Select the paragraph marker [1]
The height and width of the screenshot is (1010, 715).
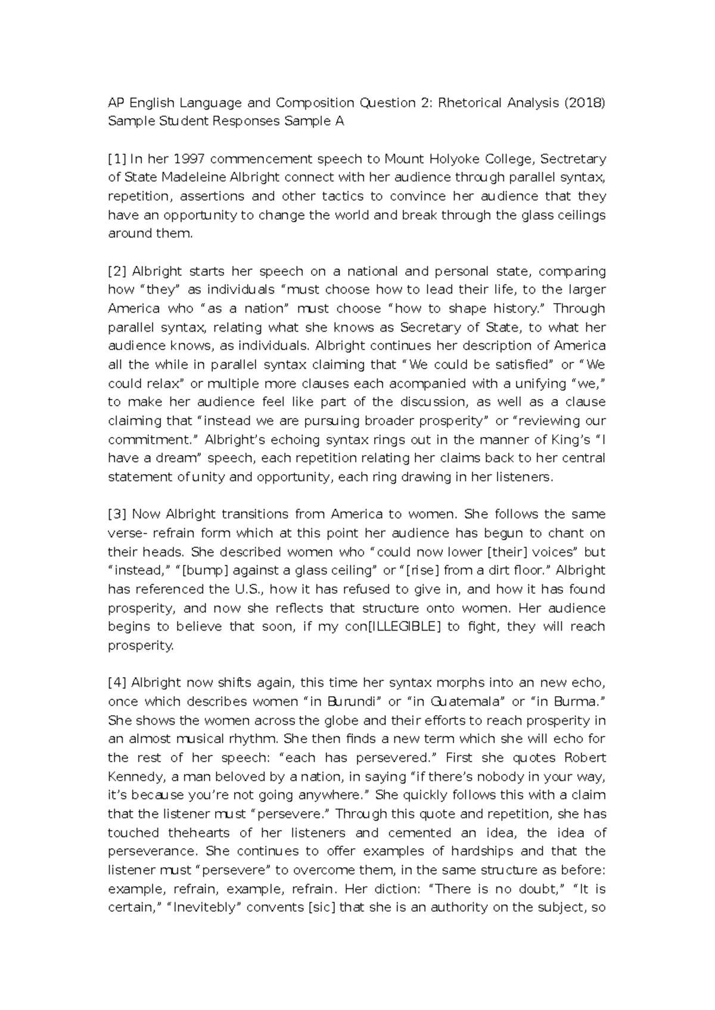point(117,159)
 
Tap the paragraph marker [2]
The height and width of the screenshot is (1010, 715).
point(117,272)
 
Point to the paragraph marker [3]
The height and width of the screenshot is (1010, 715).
point(117,514)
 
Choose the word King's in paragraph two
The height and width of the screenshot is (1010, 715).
point(567,439)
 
